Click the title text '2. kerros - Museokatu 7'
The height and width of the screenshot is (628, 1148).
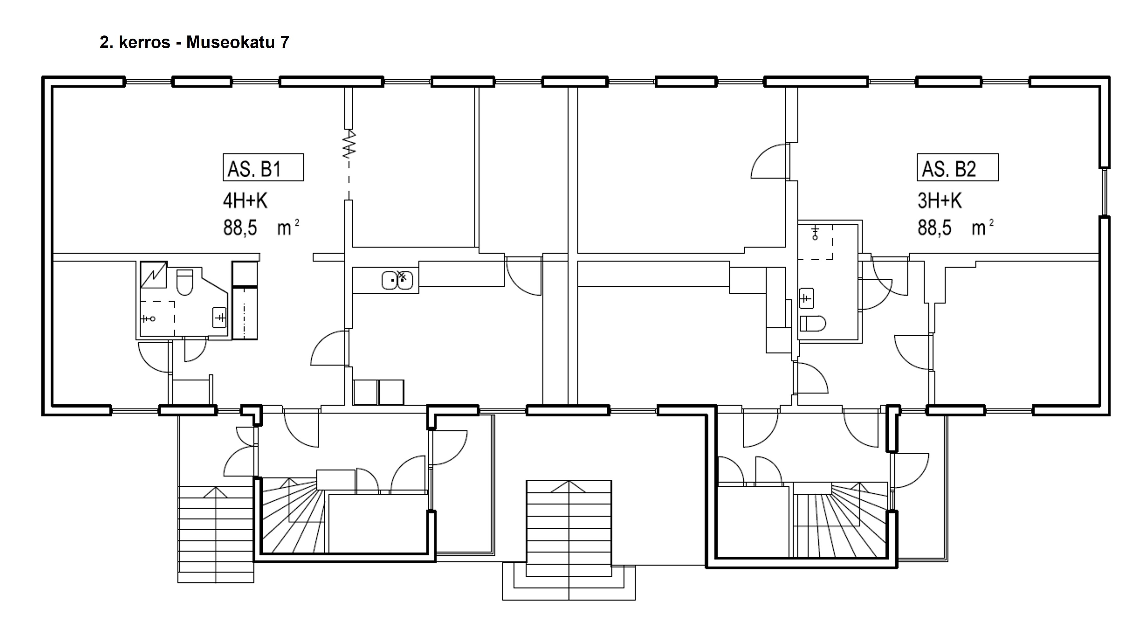click(194, 42)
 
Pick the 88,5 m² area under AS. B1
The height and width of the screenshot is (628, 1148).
click(261, 228)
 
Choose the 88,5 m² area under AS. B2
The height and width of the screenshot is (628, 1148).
click(955, 228)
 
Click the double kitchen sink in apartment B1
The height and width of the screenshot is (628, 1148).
click(397, 280)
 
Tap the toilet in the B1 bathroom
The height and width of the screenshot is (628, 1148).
click(185, 282)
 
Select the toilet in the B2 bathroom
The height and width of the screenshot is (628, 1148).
click(812, 323)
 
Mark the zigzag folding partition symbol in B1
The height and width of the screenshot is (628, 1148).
click(349, 144)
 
